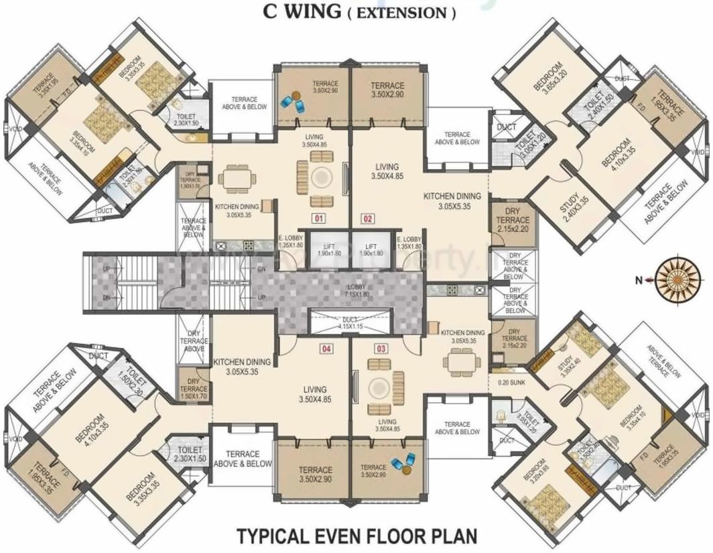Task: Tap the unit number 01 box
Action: [318, 218]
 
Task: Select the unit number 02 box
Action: [368, 218]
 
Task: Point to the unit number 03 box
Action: [381, 349]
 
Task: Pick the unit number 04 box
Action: [326, 349]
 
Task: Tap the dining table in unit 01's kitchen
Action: [239, 178]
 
